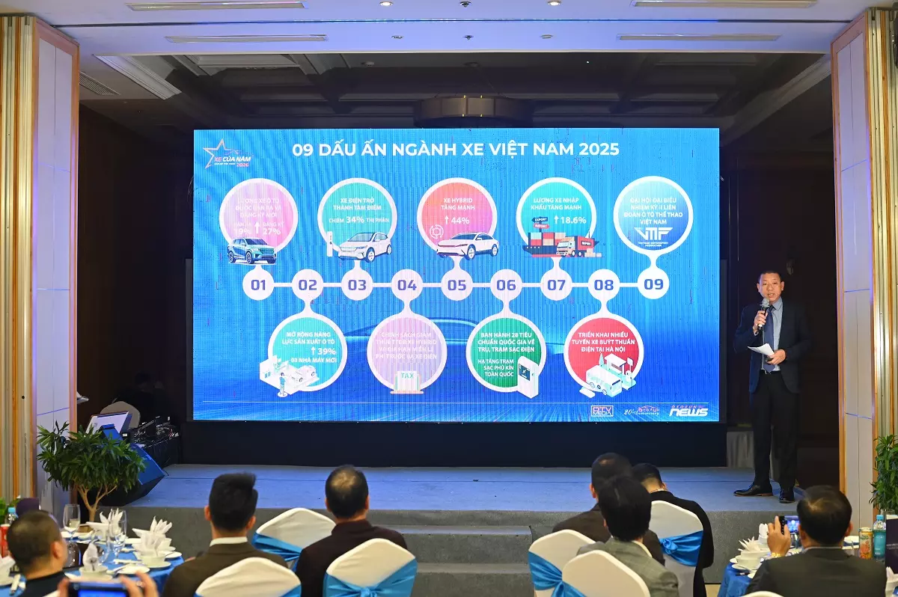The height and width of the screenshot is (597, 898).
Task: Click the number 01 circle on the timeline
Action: [258, 285]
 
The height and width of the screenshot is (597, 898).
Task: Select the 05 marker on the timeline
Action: [456, 285]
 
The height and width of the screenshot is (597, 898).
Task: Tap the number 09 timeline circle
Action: [653, 284]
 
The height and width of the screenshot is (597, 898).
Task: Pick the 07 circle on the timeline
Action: [555, 285]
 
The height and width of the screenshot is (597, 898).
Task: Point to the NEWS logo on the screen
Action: [688, 411]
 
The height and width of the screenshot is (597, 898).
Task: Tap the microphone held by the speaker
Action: [763, 311]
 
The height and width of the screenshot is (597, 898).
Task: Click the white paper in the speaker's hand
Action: [761, 349]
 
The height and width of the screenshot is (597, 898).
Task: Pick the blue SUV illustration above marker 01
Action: [251, 251]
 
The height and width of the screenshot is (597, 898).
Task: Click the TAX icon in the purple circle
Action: [406, 376]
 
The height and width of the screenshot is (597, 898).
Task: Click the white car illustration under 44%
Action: [467, 245]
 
